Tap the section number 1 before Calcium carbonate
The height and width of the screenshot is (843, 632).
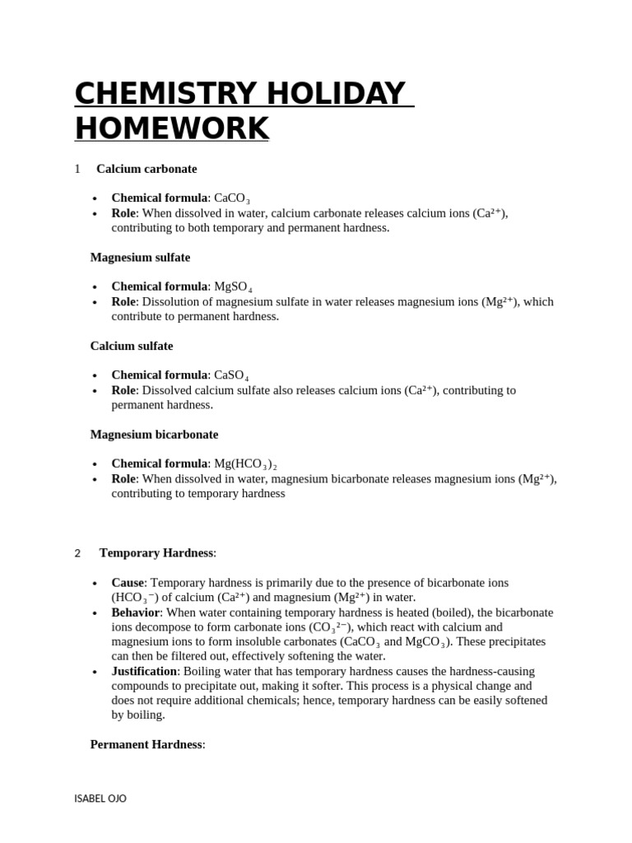[77, 169]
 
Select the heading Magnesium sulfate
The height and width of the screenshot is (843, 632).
[140, 258]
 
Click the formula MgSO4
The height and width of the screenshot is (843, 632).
[233, 287]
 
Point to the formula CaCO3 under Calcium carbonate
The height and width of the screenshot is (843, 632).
[232, 198]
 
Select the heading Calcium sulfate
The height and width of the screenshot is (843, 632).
[132, 347]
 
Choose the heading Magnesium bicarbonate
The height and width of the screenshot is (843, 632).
[154, 435]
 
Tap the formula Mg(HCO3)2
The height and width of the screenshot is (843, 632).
[251, 464]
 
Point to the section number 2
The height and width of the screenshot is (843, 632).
[77, 553]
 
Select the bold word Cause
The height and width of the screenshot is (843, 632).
[128, 583]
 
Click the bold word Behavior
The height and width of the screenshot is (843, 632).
[136, 613]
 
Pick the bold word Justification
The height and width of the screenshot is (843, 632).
[144, 672]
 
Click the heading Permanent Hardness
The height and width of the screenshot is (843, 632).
[146, 745]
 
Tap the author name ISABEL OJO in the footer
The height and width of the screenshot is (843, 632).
[100, 799]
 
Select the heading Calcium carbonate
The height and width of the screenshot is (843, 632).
[146, 169]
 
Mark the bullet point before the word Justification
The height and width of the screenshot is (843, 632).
[95, 673]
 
